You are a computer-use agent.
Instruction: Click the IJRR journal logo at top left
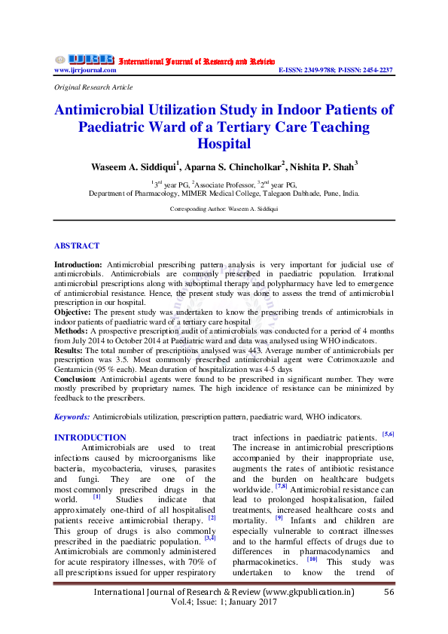(x=83, y=59)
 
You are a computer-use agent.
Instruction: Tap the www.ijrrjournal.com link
(x=85, y=70)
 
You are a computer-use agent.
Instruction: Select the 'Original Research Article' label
(x=90, y=87)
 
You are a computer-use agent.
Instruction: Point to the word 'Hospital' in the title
(x=224, y=142)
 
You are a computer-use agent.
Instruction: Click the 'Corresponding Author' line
(x=224, y=208)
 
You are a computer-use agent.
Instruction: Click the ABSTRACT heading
(x=77, y=245)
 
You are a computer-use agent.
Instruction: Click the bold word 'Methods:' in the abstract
(x=73, y=329)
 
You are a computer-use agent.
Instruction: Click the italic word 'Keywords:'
(x=72, y=416)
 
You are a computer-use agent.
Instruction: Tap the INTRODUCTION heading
(x=90, y=437)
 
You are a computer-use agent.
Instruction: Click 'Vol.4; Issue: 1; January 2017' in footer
(x=224, y=625)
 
